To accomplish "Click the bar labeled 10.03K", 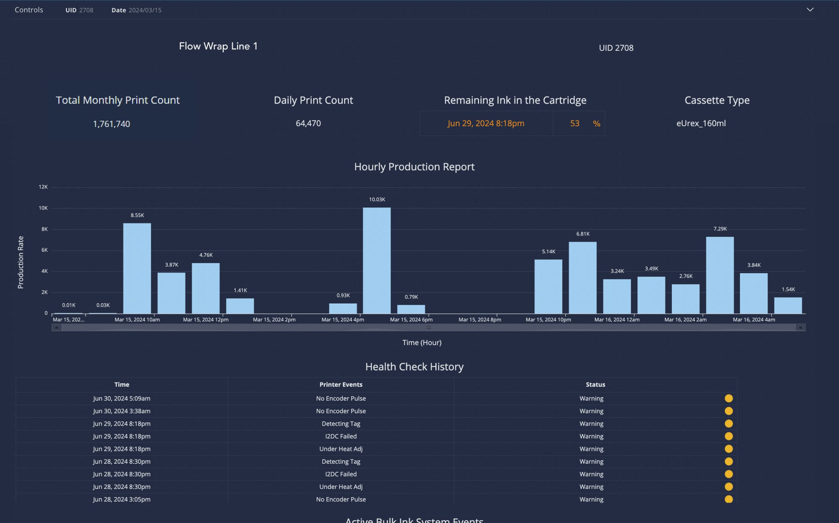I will [x=377, y=260].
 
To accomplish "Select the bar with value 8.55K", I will [x=137, y=268].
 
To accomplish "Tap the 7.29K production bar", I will [x=720, y=275].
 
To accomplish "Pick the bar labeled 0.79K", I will [x=411, y=309].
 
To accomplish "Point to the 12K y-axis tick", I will [x=43, y=187].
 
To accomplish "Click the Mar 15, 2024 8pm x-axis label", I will [x=479, y=319].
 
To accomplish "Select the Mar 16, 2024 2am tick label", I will [x=685, y=319].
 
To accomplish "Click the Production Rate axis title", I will [x=21, y=262].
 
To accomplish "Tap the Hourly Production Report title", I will [x=414, y=167].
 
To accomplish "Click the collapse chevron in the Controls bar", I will [x=810, y=10].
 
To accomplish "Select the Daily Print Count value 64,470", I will [x=308, y=123].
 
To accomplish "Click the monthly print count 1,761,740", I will [x=111, y=124].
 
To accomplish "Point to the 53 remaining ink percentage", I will [x=574, y=123].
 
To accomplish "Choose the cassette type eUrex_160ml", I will [x=701, y=123].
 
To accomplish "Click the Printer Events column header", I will [x=341, y=384].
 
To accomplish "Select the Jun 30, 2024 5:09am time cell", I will [x=121, y=398].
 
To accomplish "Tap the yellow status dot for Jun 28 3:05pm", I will [x=728, y=499].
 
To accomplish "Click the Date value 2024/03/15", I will [x=145, y=10].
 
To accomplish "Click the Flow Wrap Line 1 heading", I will [x=218, y=46].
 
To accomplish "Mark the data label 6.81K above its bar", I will [x=583, y=234].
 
